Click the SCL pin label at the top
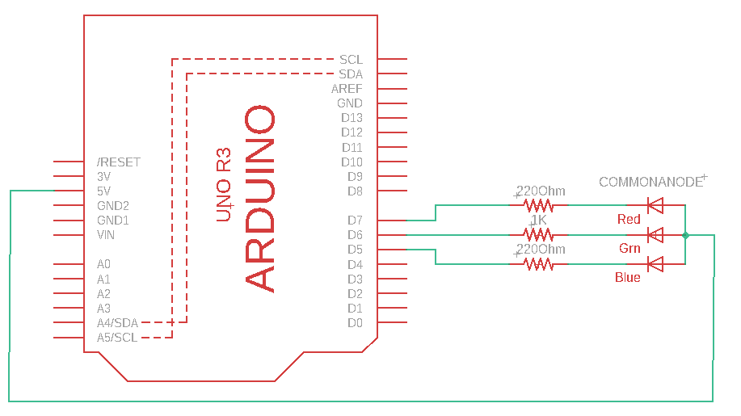351,60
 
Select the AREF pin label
347,89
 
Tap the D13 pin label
352,118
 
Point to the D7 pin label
355,221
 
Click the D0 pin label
355,323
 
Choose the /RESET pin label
118,162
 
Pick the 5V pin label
103,191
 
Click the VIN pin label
106,235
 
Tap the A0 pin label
103,264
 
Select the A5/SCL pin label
117,338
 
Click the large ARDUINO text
260,199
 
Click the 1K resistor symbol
539,235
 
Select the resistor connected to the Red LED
539,206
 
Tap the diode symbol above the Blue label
655,264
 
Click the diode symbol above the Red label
655,206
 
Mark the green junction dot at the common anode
685,235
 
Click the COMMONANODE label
650,183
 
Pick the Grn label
629,248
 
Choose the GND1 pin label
113,221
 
